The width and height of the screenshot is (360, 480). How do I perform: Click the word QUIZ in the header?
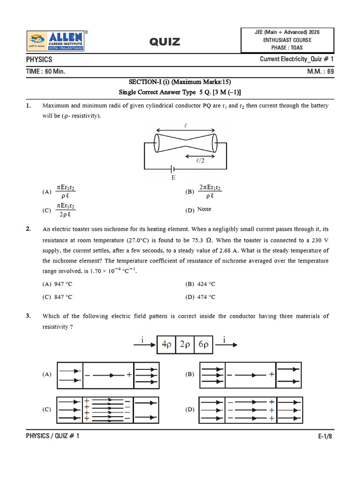165,42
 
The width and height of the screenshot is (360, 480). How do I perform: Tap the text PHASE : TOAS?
287,47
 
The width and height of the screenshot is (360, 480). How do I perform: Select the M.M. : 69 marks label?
321,72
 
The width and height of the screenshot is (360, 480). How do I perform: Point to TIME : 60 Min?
45,72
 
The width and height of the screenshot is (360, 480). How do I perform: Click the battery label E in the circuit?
173,178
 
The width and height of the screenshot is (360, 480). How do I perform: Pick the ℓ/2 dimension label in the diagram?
200,161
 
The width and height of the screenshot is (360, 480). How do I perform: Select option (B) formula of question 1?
210,191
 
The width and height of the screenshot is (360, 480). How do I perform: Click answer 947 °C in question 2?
62,284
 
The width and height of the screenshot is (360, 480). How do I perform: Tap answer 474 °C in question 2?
206,297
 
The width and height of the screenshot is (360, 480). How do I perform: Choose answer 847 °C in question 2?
62,297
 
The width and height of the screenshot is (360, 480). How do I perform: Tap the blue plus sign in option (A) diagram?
128,375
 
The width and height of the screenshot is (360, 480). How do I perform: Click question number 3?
29,316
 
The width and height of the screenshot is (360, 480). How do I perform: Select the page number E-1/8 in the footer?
325,436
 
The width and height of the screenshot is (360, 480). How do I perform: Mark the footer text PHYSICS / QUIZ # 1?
52,436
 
